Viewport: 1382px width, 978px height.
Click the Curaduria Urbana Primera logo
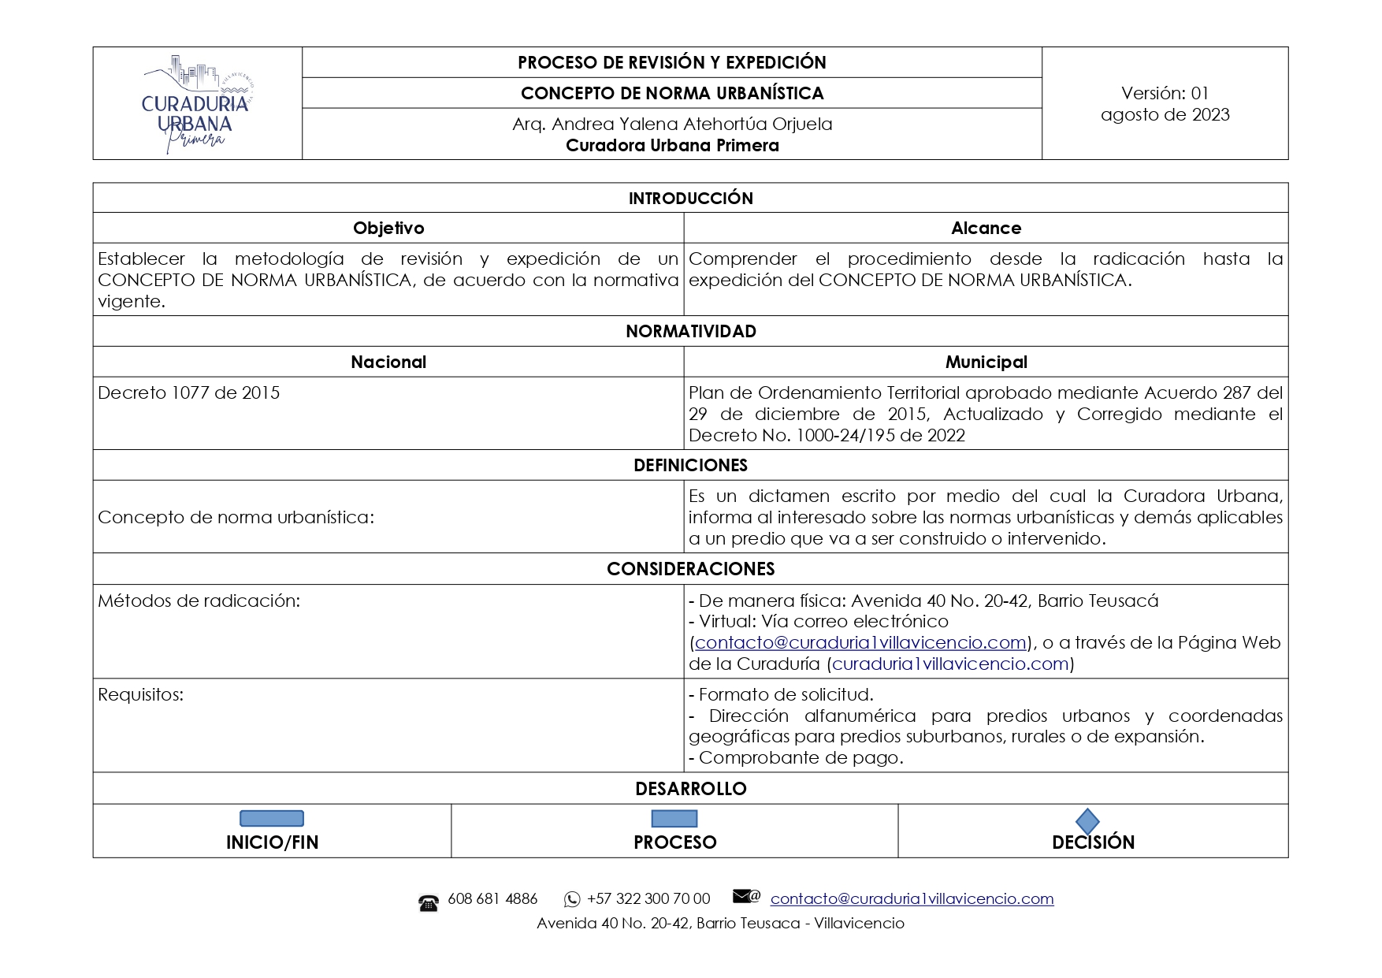[x=197, y=104]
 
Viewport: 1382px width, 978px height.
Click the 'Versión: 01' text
[x=1165, y=93]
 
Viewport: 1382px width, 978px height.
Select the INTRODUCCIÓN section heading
[x=690, y=198]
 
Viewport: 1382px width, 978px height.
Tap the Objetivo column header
[x=388, y=229]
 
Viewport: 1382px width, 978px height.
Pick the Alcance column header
[x=986, y=229]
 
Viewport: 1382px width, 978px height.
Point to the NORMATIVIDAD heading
[x=690, y=331]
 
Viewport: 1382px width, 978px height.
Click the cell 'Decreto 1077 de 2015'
[x=189, y=392]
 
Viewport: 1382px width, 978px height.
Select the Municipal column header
[x=986, y=362]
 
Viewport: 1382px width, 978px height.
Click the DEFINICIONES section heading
[x=690, y=465]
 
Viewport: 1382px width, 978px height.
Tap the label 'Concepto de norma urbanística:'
[x=236, y=517]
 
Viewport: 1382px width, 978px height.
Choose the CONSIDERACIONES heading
[x=690, y=569]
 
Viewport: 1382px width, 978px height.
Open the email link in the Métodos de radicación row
[x=860, y=643]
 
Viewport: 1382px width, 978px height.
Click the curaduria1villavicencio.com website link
[x=949, y=664]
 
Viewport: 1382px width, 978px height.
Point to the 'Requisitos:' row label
[x=140, y=695]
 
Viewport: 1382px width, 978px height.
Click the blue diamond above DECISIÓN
[x=1087, y=821]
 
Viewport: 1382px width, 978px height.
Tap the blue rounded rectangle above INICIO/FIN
[x=272, y=819]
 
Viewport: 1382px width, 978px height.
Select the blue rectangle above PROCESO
[x=674, y=819]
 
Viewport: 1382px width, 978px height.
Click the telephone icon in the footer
[x=429, y=903]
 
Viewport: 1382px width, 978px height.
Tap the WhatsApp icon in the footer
[x=572, y=899]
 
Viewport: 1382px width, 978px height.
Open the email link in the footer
[x=912, y=899]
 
